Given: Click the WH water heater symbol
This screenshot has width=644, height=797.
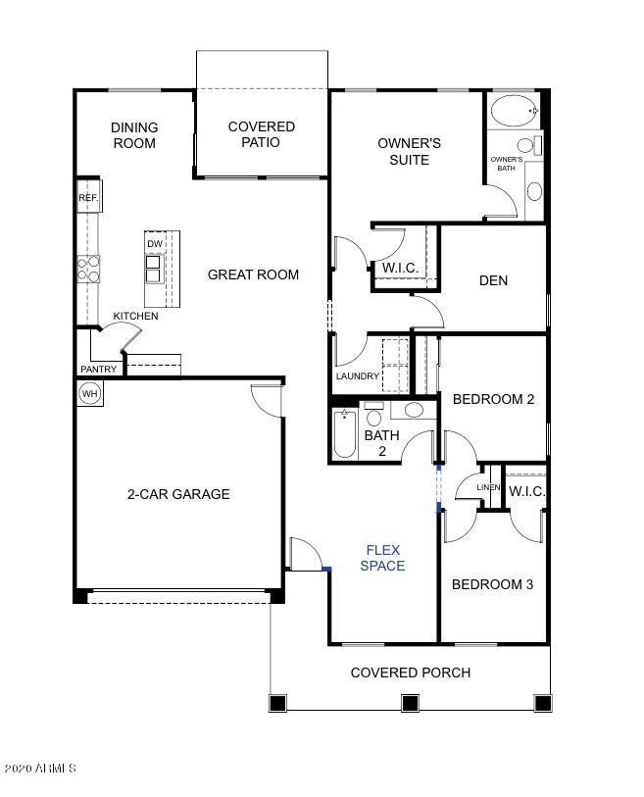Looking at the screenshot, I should [x=89, y=394].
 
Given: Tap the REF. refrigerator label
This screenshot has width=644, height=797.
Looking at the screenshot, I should [x=88, y=198].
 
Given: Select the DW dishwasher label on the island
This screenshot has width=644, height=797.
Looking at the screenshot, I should [x=155, y=244].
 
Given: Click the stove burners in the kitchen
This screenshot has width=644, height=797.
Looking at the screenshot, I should [x=88, y=269].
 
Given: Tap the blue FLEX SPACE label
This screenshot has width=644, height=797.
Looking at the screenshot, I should [x=382, y=558].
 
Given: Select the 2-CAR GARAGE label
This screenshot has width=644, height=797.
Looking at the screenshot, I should [x=178, y=494].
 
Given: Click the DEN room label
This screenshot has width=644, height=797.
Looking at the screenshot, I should [x=493, y=280].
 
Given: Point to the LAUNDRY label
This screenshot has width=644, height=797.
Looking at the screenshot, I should [x=357, y=376].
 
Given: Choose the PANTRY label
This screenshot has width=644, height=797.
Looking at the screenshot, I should [x=99, y=370].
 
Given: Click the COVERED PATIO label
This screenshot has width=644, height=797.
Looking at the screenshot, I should [x=262, y=134].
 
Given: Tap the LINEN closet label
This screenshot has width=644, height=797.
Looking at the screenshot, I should [x=488, y=488].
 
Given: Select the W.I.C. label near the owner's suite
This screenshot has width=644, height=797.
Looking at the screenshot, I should [x=401, y=267].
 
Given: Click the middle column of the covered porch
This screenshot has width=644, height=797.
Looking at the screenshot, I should [x=410, y=702].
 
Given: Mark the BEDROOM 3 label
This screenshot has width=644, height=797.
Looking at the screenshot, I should [x=492, y=584].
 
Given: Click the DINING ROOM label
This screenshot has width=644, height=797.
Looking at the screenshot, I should [x=134, y=135].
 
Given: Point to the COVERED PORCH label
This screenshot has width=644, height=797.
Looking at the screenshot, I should [x=410, y=672].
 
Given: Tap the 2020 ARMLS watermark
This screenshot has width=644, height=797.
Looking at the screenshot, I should [x=40, y=769].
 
